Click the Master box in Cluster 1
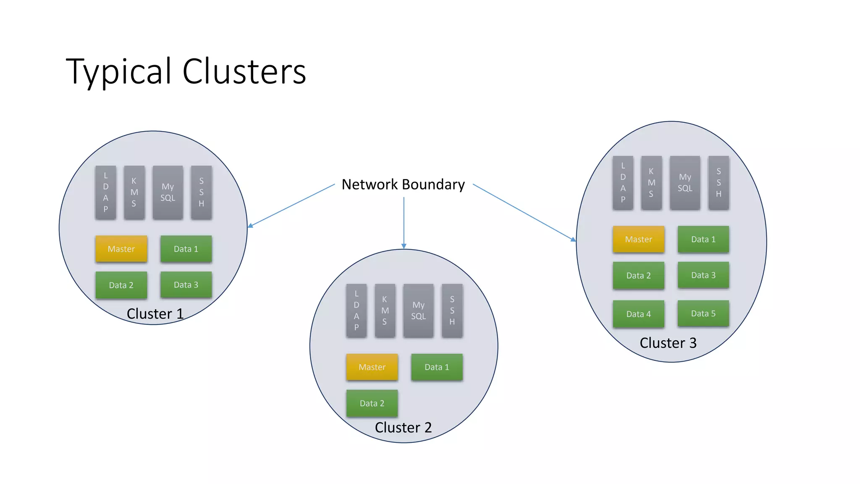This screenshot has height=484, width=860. (121, 249)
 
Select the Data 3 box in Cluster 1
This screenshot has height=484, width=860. (186, 284)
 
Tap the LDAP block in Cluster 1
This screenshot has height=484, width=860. (105, 192)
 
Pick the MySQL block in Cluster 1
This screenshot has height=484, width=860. (168, 192)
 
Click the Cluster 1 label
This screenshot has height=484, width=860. (155, 313)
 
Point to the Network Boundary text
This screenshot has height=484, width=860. (403, 184)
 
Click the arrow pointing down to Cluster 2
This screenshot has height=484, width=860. (404, 223)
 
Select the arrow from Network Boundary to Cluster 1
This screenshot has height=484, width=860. (292, 205)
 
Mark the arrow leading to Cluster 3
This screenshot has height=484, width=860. (524, 212)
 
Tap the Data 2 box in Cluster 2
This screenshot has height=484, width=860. (372, 403)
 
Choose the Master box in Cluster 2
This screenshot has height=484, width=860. (372, 367)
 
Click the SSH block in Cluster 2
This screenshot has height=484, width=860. (452, 310)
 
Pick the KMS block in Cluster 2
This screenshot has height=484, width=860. (385, 310)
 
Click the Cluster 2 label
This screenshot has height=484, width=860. (403, 427)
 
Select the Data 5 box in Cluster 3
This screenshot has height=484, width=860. (703, 313)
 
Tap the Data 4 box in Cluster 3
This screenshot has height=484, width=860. (638, 314)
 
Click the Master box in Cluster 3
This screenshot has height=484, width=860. (638, 239)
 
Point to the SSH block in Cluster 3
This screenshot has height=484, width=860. (718, 183)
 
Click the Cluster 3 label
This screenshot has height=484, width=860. (668, 343)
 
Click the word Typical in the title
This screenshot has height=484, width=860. (119, 71)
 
